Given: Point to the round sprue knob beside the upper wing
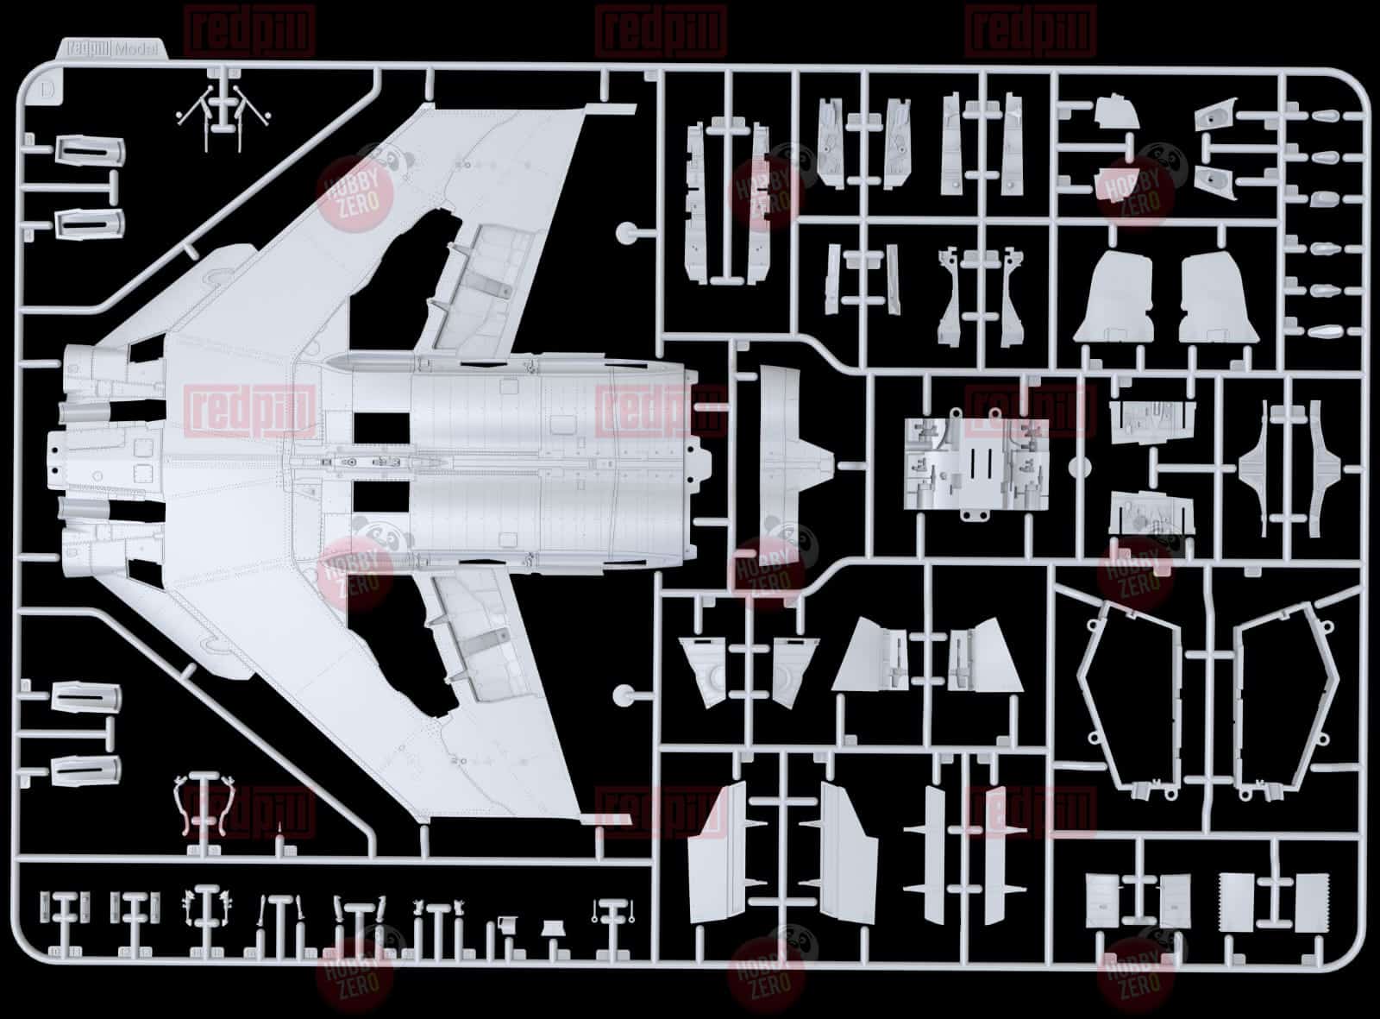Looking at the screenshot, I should pos(624,233).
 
